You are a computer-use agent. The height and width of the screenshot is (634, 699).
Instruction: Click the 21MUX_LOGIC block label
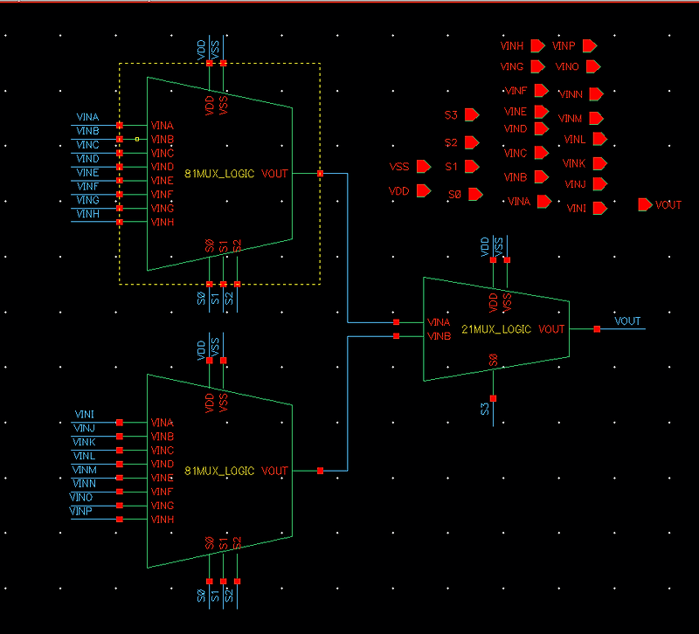pyautogui.click(x=495, y=329)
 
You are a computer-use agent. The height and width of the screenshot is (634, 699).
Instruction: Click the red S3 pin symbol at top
pyautogui.click(x=473, y=114)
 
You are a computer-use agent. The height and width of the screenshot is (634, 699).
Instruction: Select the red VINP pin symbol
pyautogui.click(x=590, y=45)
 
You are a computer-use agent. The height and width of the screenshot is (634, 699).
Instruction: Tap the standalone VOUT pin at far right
pyautogui.click(x=646, y=204)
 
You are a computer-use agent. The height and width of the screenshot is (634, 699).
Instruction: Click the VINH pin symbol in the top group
pyautogui.click(x=537, y=45)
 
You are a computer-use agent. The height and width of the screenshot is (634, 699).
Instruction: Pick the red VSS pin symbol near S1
pyautogui.click(x=425, y=166)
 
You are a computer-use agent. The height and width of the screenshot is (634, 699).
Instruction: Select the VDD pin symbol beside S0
pyautogui.click(x=425, y=190)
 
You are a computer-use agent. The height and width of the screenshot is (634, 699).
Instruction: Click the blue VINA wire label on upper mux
pyautogui.click(x=87, y=117)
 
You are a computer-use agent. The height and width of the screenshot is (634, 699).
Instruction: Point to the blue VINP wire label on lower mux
pyautogui.click(x=81, y=510)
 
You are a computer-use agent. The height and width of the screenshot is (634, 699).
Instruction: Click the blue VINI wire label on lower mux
pyautogui.click(x=85, y=414)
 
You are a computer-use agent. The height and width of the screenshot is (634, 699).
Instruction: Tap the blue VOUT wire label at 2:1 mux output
pyautogui.click(x=627, y=321)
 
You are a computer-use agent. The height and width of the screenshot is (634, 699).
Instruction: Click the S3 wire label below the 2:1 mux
pyautogui.click(x=485, y=409)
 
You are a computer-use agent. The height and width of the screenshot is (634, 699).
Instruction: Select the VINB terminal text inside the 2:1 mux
pyautogui.click(x=439, y=336)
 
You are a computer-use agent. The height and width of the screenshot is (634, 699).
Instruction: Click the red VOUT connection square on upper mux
pyautogui.click(x=321, y=174)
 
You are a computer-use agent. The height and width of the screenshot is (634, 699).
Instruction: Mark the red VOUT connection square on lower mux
pyautogui.click(x=321, y=471)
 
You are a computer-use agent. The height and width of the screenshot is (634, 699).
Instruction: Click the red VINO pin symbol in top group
pyautogui.click(x=594, y=66)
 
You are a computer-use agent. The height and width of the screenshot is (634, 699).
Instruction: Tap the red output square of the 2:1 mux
pyautogui.click(x=597, y=329)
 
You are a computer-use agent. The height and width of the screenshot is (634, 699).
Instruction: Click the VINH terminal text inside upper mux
pyautogui.click(x=163, y=223)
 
